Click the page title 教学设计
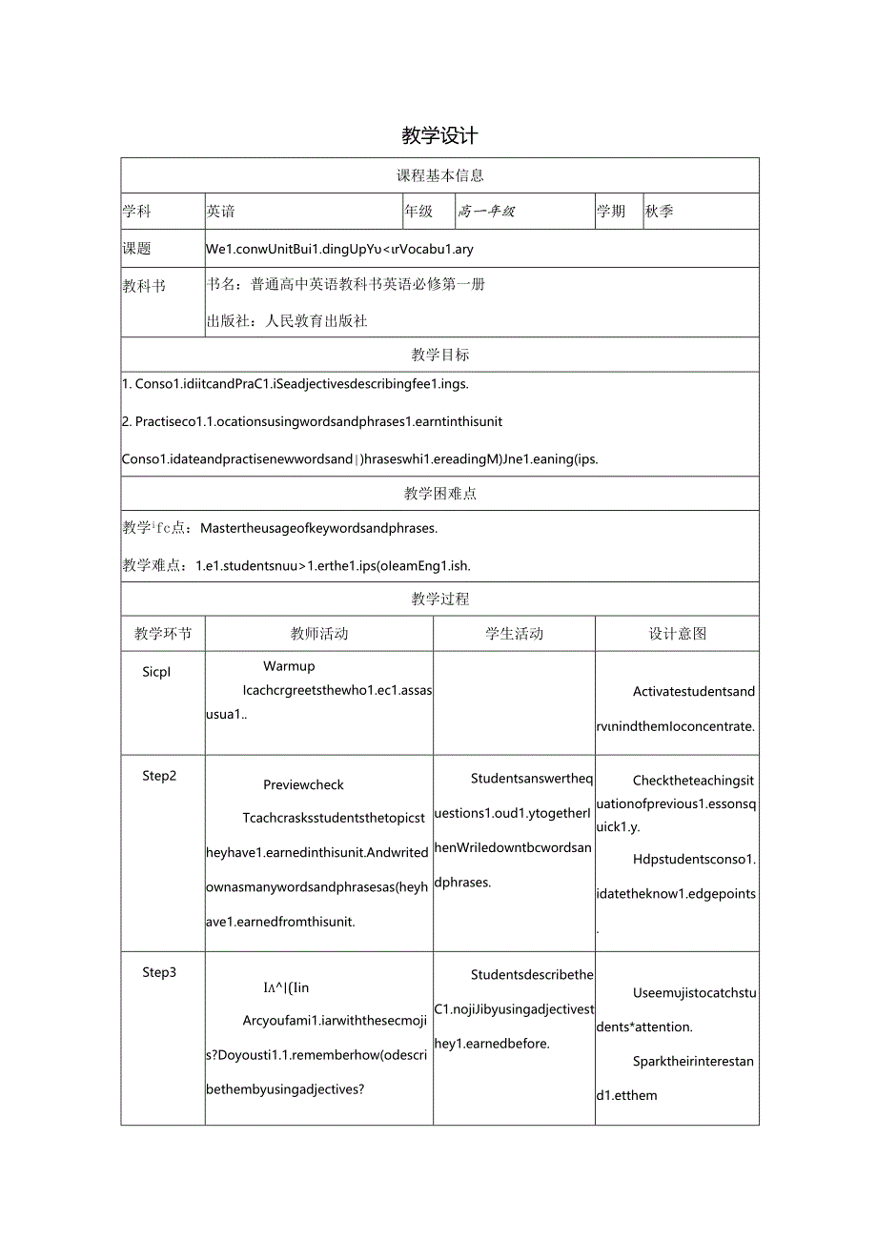click(439, 136)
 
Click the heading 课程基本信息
click(439, 175)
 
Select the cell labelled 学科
click(137, 212)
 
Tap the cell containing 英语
click(221, 212)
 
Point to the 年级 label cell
click(418, 212)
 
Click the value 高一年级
click(486, 212)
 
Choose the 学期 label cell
click(611, 212)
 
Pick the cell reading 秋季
click(659, 212)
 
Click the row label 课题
click(137, 249)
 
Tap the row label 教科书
click(144, 285)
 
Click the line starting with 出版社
click(287, 321)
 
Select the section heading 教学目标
click(439, 355)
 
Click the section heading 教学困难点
click(439, 494)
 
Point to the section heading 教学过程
click(439, 600)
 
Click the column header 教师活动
click(319, 634)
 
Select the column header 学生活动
click(515, 634)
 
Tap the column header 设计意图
click(678, 634)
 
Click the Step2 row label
click(159, 776)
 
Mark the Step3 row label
click(159, 972)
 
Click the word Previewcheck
click(304, 785)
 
